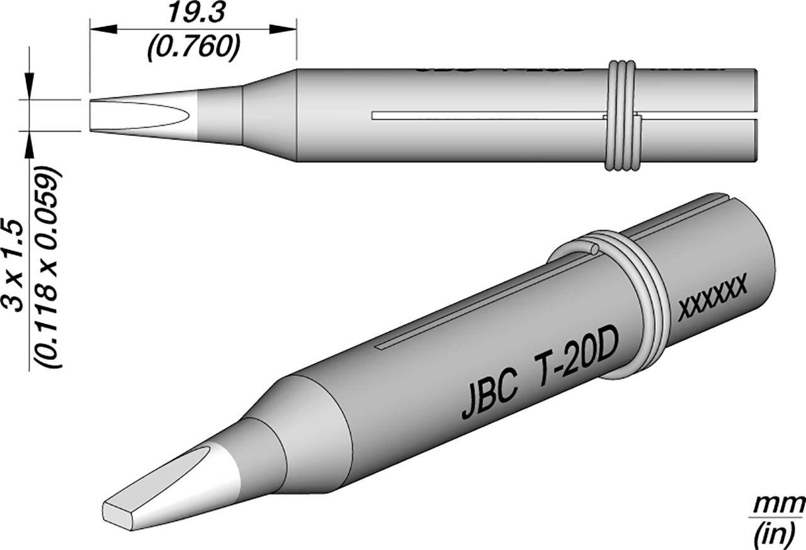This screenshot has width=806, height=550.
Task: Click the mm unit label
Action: pyautogui.click(x=781, y=503)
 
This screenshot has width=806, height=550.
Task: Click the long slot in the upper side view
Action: pyautogui.click(x=485, y=116)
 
